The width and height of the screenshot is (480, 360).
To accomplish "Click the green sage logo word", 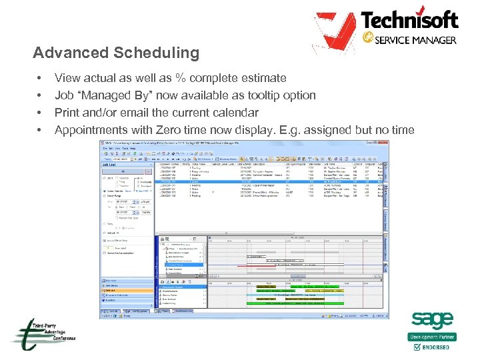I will pyautogui.click(x=432, y=321).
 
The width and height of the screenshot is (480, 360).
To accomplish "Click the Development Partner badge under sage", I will pyautogui.click(x=432, y=337).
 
